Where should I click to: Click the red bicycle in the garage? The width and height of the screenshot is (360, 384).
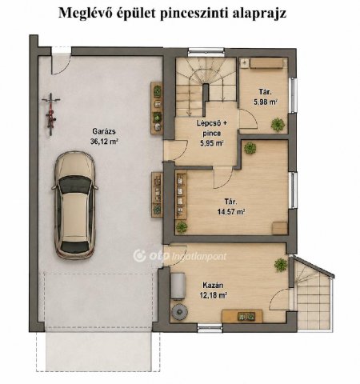[x=50, y=114]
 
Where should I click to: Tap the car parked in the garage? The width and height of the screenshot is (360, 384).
[x=75, y=206]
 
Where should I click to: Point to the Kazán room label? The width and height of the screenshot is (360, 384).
[x=213, y=285]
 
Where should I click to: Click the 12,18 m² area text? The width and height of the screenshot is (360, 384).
[x=214, y=295]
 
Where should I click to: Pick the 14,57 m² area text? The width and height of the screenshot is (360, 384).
[x=231, y=212]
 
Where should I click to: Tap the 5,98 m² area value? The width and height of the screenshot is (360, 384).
[x=265, y=102]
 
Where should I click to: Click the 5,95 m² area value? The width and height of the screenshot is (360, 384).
[x=212, y=143]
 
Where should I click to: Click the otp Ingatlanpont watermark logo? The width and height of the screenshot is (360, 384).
[x=180, y=256]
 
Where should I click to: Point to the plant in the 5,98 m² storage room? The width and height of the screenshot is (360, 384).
[x=278, y=124]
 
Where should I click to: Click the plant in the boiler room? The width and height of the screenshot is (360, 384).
[x=281, y=265]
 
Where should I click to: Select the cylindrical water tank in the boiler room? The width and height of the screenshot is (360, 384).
[x=178, y=286]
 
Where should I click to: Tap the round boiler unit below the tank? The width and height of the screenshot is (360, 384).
[x=179, y=312]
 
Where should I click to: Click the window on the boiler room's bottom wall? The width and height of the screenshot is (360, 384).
[x=210, y=327]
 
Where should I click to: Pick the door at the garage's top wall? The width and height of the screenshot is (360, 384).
[x=61, y=61]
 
